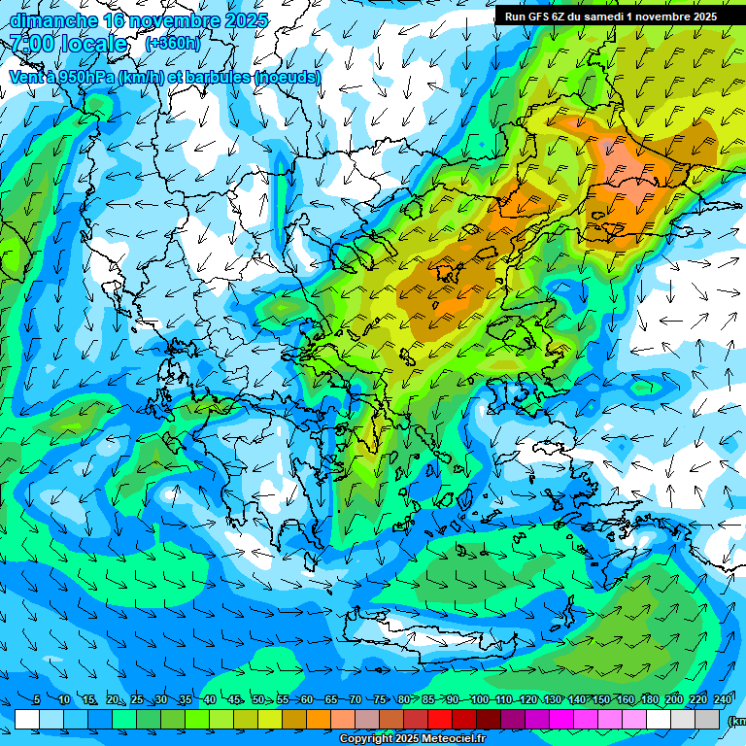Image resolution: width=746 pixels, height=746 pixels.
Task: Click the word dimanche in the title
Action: point(51,20)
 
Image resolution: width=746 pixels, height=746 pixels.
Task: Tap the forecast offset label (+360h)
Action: point(172,44)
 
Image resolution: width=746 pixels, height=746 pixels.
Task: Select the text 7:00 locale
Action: point(68,44)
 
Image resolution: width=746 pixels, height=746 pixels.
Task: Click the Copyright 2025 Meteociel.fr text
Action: point(412,739)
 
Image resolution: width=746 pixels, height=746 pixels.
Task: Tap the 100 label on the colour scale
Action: point(479,699)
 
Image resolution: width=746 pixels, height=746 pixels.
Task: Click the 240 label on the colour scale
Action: point(723,699)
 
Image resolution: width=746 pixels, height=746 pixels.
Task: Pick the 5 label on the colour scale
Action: point(37,699)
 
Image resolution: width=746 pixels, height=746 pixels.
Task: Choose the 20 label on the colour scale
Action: point(113,699)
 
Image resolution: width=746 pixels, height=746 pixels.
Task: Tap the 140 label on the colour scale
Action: point(577,699)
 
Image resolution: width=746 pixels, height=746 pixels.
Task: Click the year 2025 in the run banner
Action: point(699,16)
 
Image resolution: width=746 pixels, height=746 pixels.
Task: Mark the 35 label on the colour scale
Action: point(186,699)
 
